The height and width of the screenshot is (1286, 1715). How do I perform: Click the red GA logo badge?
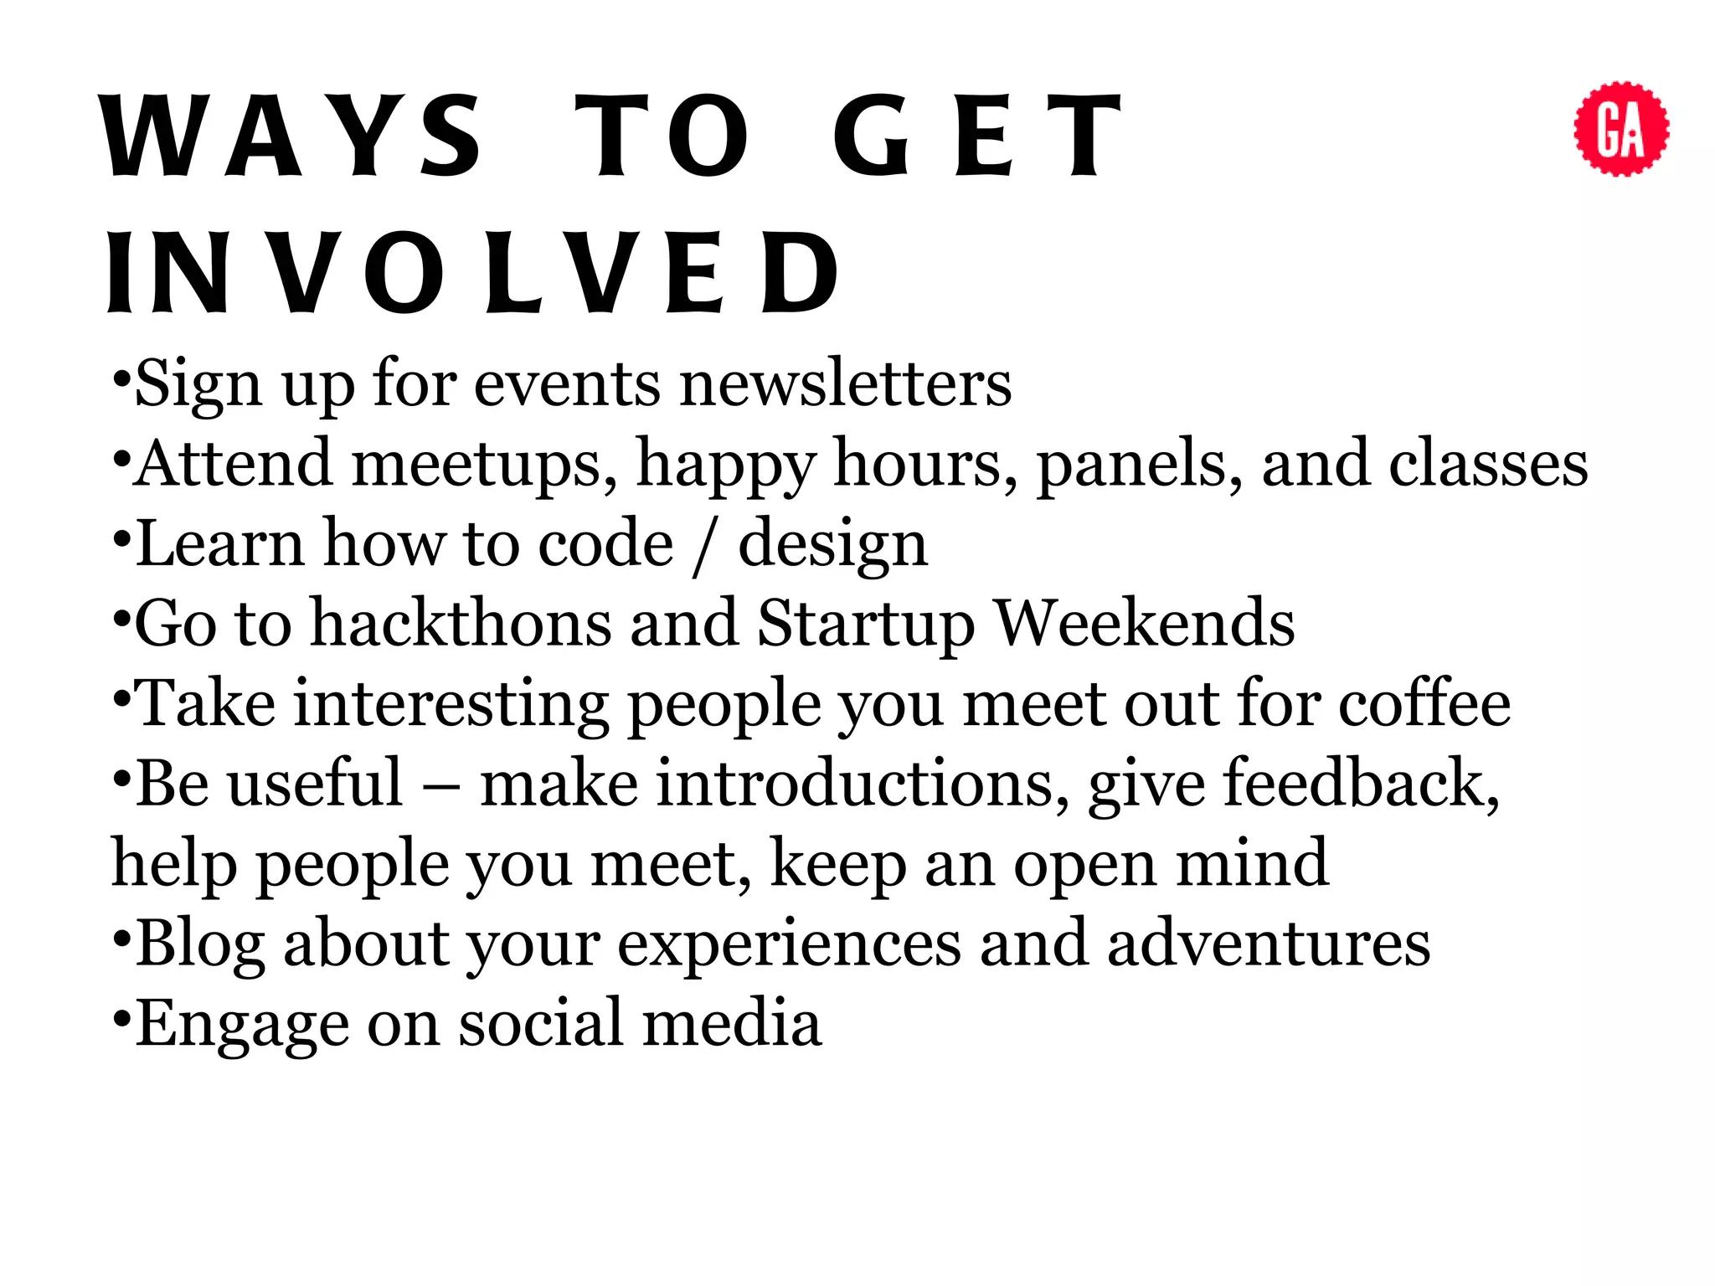point(1621,129)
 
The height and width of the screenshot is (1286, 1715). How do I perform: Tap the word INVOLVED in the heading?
point(473,273)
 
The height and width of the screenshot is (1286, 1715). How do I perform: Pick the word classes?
point(1488,464)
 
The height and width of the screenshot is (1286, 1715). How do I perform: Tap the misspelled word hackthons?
point(461,623)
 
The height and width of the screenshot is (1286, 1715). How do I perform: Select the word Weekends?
point(1146,623)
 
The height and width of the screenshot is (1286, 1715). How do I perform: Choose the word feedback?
point(1362,784)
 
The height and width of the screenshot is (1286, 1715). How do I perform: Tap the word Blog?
point(200,944)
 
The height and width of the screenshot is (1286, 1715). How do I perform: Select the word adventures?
point(1269,944)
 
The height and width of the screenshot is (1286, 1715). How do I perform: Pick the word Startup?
point(866,625)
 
